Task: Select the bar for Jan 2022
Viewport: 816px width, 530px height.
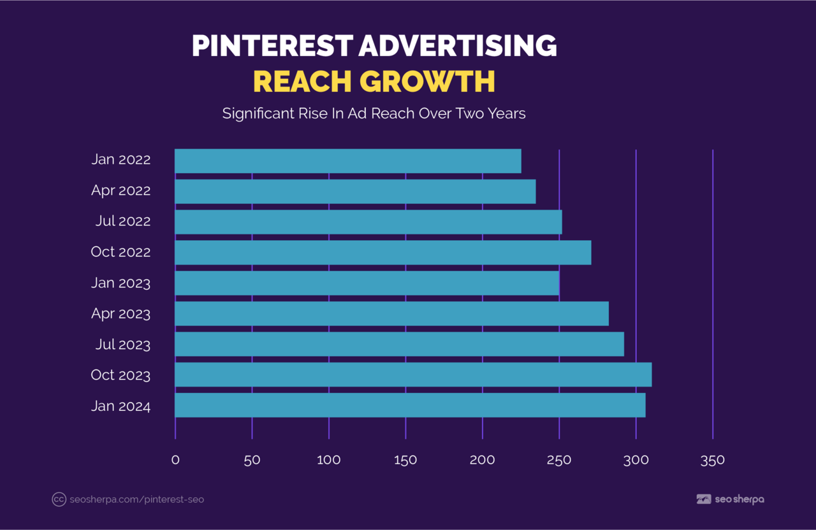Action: (x=347, y=161)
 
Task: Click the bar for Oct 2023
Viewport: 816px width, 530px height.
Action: (x=413, y=375)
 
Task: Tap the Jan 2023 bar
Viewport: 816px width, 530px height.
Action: (x=367, y=283)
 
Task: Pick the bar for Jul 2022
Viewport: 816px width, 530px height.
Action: (x=368, y=222)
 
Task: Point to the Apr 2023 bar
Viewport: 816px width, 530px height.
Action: (x=391, y=313)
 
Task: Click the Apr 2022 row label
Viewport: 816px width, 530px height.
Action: (x=120, y=190)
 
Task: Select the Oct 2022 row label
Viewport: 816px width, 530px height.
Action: (x=120, y=252)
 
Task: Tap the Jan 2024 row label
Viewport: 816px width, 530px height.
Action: (x=120, y=406)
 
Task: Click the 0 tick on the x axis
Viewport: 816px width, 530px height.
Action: (x=175, y=460)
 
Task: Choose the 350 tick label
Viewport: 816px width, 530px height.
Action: (x=712, y=460)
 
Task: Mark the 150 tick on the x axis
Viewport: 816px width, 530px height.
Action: (x=405, y=460)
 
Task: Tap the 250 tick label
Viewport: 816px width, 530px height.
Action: (x=559, y=460)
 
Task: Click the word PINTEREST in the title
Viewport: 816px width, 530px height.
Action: (x=272, y=46)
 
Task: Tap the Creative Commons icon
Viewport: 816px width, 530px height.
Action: (x=59, y=499)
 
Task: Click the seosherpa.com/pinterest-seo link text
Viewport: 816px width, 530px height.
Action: (x=136, y=499)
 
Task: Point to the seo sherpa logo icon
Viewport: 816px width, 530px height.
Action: (x=704, y=499)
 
